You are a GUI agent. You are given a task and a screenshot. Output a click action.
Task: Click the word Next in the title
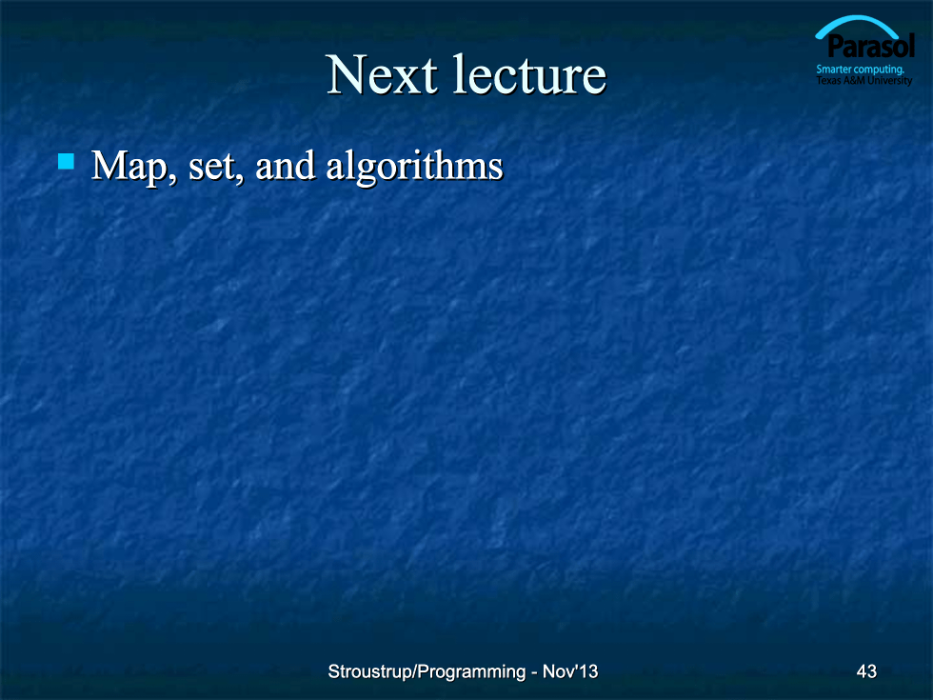click(x=382, y=74)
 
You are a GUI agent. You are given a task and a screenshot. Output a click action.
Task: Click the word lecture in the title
click(x=529, y=74)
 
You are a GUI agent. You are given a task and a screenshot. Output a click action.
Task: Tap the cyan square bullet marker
click(x=66, y=161)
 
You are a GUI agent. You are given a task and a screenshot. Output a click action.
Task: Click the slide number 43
click(x=866, y=671)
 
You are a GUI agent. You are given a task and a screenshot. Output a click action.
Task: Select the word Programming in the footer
click(x=472, y=672)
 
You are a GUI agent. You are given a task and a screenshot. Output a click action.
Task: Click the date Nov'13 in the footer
click(x=570, y=671)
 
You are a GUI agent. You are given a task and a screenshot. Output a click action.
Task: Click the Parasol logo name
click(x=870, y=47)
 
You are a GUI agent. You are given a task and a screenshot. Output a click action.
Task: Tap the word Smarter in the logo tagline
click(x=834, y=69)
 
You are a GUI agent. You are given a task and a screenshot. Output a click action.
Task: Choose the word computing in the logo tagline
click(x=879, y=70)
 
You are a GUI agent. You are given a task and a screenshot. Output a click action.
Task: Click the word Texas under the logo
click(x=827, y=80)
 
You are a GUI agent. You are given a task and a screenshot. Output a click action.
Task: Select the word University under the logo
click(x=889, y=80)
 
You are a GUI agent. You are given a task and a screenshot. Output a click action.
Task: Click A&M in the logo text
click(x=854, y=80)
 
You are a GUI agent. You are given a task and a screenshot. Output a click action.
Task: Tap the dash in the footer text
click(x=534, y=673)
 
